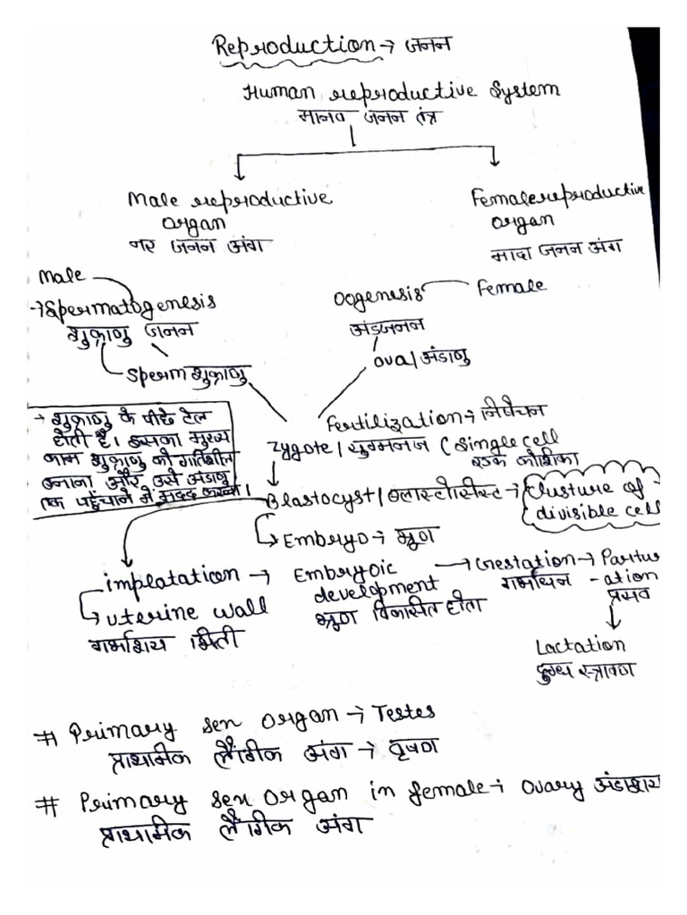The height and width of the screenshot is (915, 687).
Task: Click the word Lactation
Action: (x=580, y=645)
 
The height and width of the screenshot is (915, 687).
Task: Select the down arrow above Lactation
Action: (x=615, y=616)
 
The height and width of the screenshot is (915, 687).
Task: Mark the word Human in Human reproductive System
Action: (x=274, y=93)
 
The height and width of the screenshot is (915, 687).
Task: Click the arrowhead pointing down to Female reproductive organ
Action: (x=494, y=158)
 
